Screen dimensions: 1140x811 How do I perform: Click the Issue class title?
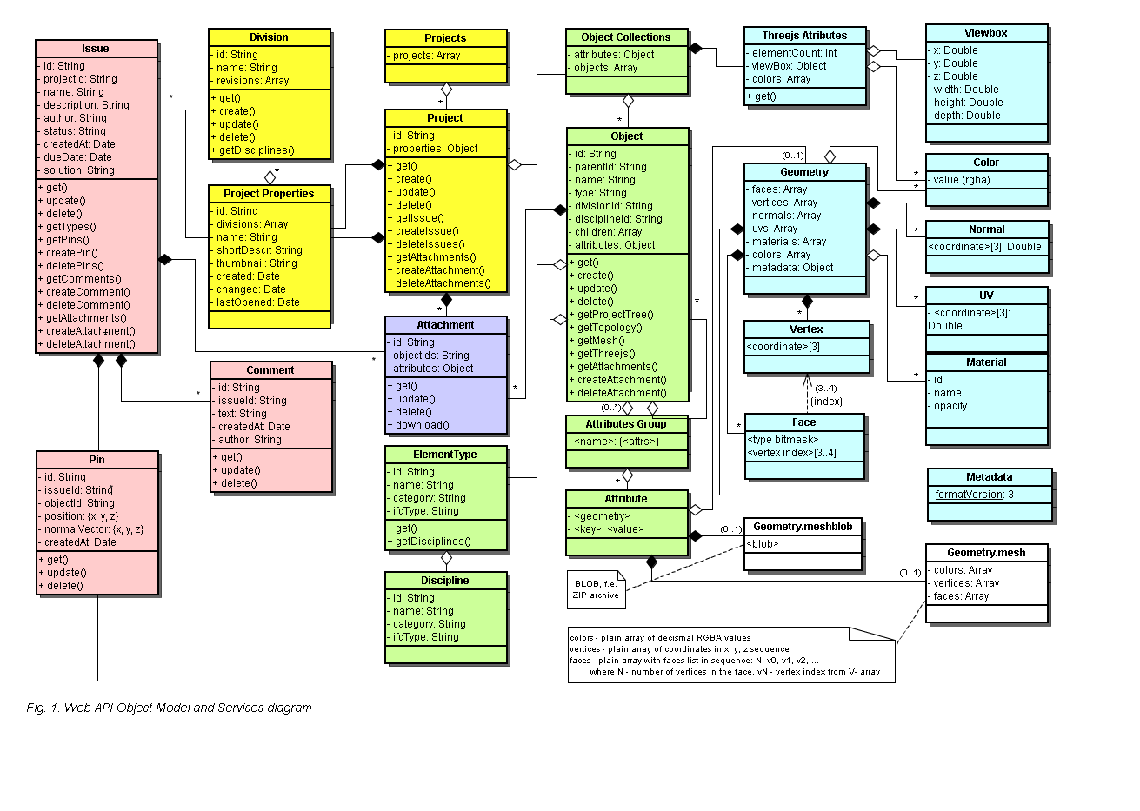click(95, 49)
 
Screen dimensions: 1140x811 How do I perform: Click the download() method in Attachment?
click(418, 425)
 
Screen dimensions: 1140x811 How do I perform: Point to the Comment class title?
click(270, 370)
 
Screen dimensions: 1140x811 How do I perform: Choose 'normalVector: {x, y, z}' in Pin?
click(91, 529)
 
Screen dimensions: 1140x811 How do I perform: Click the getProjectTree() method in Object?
click(611, 315)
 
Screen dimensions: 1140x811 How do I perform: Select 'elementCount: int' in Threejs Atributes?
click(791, 52)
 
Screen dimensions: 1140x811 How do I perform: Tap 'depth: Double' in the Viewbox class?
click(963, 116)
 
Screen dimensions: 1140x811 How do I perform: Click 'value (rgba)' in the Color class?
click(959, 180)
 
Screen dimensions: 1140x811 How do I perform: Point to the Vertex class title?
click(806, 329)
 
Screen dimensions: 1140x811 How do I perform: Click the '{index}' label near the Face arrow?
click(826, 402)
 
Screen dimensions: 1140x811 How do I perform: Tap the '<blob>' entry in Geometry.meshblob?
click(763, 544)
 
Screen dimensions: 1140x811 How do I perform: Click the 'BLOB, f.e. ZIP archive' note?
click(596, 589)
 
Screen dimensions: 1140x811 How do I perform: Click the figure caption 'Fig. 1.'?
click(43, 708)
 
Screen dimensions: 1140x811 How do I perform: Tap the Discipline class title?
click(445, 581)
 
